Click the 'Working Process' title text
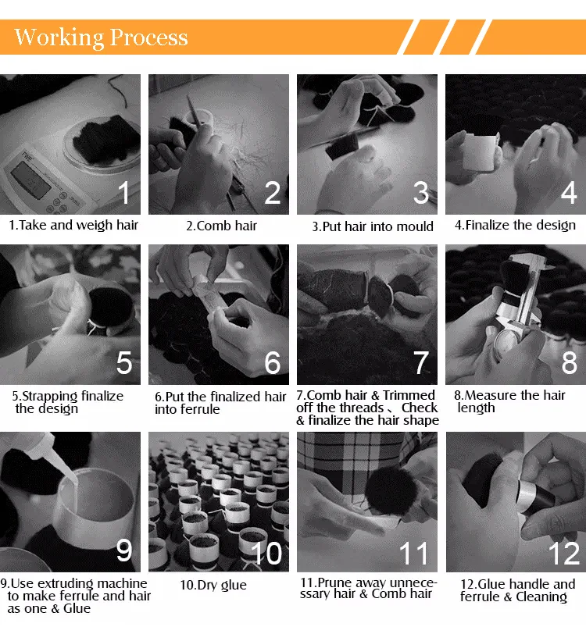[x=101, y=37]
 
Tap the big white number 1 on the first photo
[x=124, y=192]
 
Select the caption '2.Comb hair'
[x=221, y=226]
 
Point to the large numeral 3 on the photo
[x=421, y=192]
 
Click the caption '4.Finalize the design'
[x=515, y=225]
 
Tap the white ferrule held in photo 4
[x=481, y=151]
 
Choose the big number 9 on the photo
[x=124, y=550]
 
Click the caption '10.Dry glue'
[x=213, y=585]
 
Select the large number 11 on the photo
[x=413, y=553]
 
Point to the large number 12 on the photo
[x=564, y=553]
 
